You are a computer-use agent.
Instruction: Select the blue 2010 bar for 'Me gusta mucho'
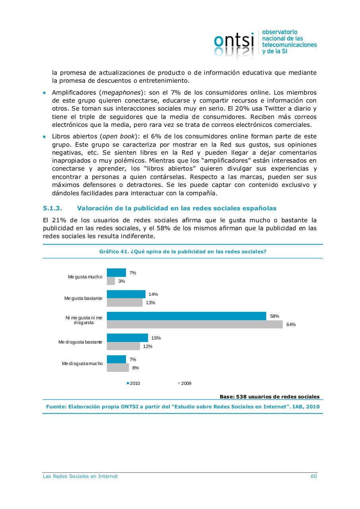pyautogui.click(x=116, y=273)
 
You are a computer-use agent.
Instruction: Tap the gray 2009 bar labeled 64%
pyautogui.click(x=195, y=324)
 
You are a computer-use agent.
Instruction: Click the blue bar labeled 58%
pyautogui.click(x=186, y=316)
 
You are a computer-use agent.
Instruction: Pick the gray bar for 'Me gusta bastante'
pyautogui.click(x=125, y=303)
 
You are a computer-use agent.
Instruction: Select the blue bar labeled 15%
pyautogui.click(x=128, y=338)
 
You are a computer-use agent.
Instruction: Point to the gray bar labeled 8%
pyautogui.click(x=118, y=368)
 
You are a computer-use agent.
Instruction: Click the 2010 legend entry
pyautogui.click(x=134, y=383)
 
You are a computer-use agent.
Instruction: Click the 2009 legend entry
pyautogui.click(x=184, y=383)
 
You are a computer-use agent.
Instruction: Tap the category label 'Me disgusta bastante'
pyautogui.click(x=81, y=342)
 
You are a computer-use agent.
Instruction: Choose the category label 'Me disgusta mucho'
pyautogui.click(x=82, y=363)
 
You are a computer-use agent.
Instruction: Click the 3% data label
pyautogui.click(x=122, y=281)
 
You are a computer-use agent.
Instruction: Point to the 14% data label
pyautogui.click(x=153, y=294)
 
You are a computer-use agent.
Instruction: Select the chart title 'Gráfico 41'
pyautogui.click(x=183, y=252)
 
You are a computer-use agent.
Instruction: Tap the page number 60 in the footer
pyautogui.click(x=314, y=476)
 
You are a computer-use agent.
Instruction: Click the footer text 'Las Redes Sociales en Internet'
pyautogui.click(x=80, y=476)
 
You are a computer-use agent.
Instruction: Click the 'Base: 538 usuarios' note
pyautogui.click(x=269, y=396)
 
